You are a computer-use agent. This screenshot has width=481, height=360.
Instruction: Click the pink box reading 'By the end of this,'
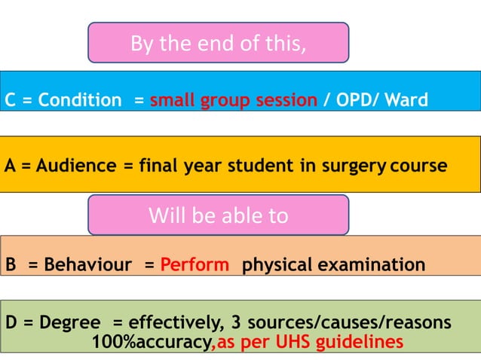coord(218,43)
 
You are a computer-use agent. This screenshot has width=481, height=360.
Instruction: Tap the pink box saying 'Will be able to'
coord(218,215)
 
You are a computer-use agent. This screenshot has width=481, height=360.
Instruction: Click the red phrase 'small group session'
coord(233,100)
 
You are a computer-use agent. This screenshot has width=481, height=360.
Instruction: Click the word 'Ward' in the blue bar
coord(406,100)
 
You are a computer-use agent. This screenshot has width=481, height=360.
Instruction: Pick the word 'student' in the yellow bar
coord(265,165)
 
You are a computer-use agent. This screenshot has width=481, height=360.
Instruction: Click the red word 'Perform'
coord(195,265)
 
